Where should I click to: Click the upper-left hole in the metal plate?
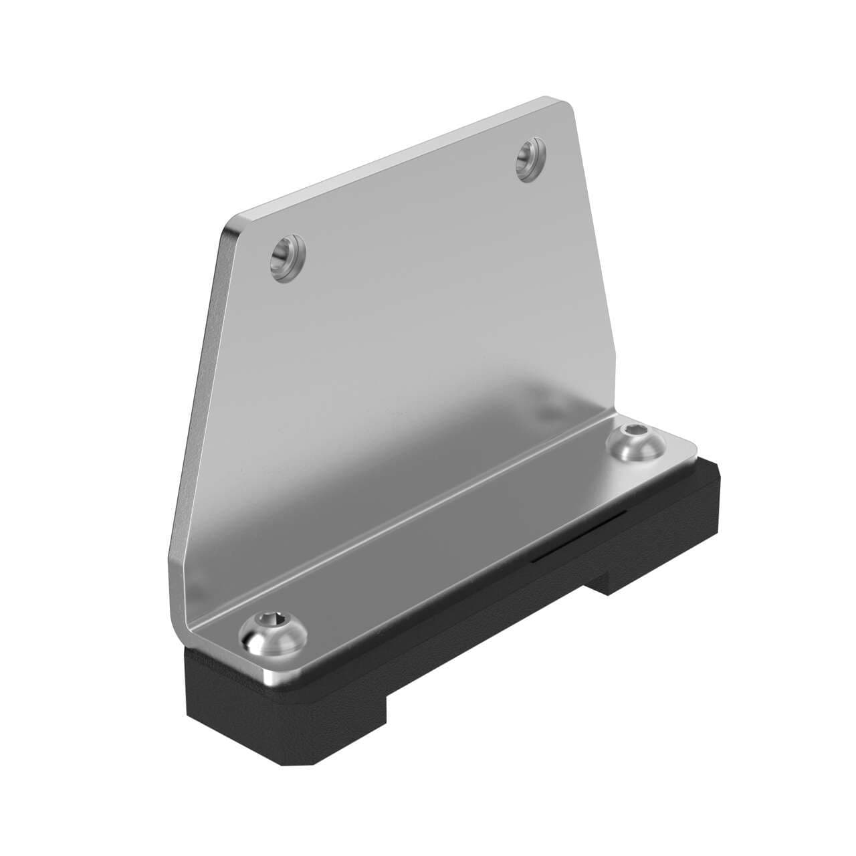[288, 257]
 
